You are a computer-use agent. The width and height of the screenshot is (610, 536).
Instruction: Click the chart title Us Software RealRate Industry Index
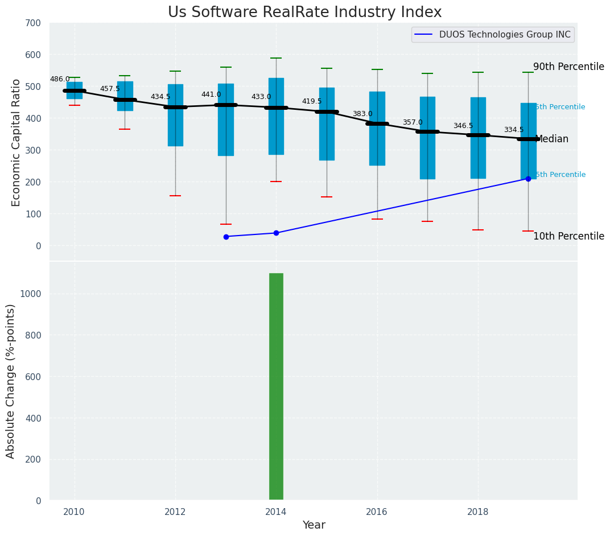pos(304,13)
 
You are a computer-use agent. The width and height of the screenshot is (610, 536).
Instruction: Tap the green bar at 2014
pos(276,386)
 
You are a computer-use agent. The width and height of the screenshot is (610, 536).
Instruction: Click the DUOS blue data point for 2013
pos(226,237)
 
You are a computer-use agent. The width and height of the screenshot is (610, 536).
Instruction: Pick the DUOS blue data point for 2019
pos(528,179)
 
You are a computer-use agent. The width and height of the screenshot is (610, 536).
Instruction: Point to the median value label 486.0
pos(60,79)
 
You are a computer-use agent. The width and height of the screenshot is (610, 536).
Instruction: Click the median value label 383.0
pos(362,114)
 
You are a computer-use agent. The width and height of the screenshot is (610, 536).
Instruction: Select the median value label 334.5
pos(513,130)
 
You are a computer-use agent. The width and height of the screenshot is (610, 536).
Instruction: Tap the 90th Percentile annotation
pos(568,67)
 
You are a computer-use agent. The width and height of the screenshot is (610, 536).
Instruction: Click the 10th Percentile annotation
pos(568,236)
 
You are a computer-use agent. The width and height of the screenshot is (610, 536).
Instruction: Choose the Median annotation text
pos(552,139)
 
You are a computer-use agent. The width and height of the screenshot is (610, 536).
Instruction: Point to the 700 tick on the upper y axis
pos(33,23)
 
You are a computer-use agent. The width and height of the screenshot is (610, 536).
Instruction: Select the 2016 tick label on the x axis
pos(377,512)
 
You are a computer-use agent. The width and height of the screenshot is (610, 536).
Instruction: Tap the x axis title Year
pos(314,525)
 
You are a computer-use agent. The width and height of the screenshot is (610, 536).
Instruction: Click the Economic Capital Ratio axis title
pos(16,142)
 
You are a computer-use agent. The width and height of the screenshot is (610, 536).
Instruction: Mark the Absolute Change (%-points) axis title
pos(10,381)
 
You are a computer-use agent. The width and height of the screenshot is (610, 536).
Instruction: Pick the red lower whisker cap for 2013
pos(226,224)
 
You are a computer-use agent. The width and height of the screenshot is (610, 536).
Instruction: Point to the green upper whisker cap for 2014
pos(276,58)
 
